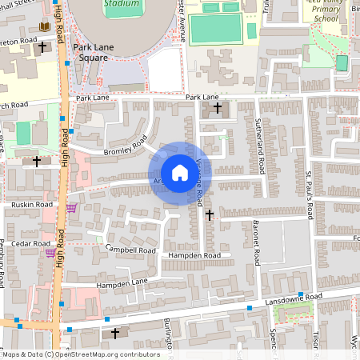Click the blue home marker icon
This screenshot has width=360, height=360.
(x=180, y=173)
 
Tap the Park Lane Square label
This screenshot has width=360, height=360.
(x=102, y=53)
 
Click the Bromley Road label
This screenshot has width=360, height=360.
(x=126, y=148)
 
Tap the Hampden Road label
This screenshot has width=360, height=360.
(x=194, y=255)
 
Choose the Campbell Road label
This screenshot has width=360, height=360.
(x=134, y=250)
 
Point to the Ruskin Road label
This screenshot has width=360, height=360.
(x=31, y=205)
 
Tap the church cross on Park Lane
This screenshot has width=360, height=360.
(x=218, y=106)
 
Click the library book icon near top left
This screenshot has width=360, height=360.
(x=45, y=26)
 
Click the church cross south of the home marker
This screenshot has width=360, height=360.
(x=210, y=214)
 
